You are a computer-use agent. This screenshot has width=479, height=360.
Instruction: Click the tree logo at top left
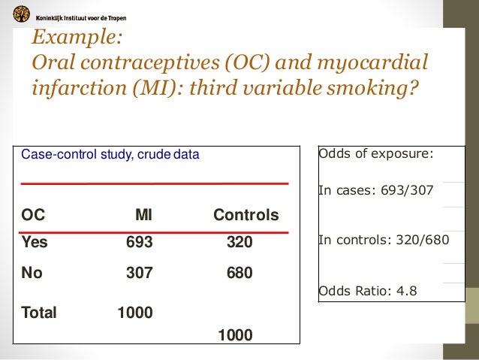pos(23,14)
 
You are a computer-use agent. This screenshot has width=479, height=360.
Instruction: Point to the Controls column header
pos(246,216)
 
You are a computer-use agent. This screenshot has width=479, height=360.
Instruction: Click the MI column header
pos(143,216)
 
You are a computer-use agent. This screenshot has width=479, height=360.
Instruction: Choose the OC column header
pos(33,216)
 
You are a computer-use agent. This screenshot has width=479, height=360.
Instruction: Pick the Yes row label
pos(35,243)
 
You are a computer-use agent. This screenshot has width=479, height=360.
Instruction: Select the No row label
pos(32,274)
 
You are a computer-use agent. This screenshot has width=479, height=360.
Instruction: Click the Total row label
pos(39,313)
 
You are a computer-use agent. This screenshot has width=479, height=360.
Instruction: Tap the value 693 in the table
pos(139,243)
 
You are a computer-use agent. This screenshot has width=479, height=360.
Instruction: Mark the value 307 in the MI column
pos(139,274)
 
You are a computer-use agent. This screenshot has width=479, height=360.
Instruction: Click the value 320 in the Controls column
pos(239,243)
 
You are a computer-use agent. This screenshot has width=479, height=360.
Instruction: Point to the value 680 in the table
pos(239,274)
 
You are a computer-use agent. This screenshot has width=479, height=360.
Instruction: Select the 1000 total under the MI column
pos(135,313)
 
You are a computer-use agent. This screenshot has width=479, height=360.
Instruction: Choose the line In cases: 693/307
pos(376,190)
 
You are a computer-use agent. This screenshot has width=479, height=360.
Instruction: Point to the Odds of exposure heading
pos(376,154)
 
